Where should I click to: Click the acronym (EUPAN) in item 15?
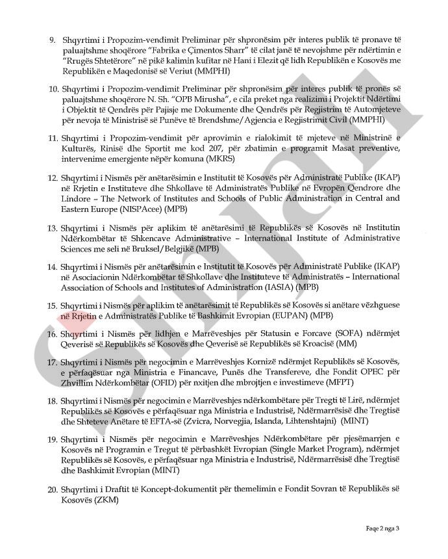(270, 315)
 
